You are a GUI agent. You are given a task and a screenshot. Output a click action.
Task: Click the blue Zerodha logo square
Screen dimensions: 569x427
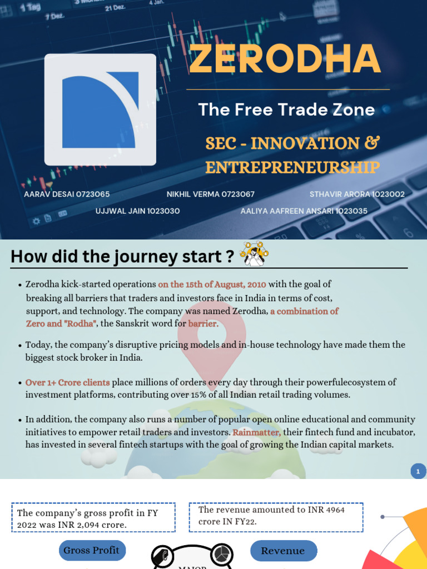(x=100, y=109)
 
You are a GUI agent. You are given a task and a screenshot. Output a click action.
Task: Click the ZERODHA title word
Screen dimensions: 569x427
(x=285, y=58)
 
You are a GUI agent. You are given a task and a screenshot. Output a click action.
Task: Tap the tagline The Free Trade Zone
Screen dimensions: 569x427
(x=286, y=109)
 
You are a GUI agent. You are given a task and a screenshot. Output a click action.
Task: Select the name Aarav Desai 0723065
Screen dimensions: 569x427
(x=67, y=194)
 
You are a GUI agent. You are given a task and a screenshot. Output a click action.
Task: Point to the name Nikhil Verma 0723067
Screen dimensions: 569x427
(x=211, y=194)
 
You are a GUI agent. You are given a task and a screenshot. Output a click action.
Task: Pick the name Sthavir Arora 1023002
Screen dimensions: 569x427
(x=357, y=194)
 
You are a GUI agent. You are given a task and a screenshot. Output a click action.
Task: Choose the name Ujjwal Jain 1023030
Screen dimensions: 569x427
(x=137, y=211)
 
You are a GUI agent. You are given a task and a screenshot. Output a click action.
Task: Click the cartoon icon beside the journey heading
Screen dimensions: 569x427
(x=254, y=254)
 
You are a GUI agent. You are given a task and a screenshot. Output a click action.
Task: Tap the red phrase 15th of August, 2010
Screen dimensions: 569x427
(x=212, y=284)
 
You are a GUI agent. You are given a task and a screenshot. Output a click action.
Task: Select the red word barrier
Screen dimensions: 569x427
(x=203, y=323)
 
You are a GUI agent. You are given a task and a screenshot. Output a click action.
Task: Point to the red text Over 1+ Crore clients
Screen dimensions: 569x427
(x=68, y=382)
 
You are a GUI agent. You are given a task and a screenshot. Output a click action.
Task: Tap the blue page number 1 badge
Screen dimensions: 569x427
(x=418, y=472)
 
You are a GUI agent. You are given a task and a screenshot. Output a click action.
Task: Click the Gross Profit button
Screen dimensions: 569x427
(x=92, y=550)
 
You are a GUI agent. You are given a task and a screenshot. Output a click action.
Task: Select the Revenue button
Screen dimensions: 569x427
(x=283, y=551)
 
